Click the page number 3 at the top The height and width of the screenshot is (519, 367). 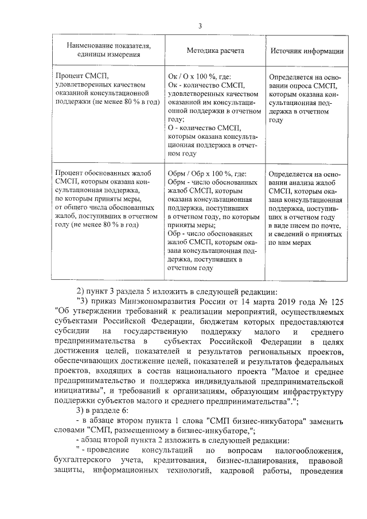tap(200, 26)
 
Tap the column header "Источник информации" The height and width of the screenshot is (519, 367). tap(307, 50)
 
